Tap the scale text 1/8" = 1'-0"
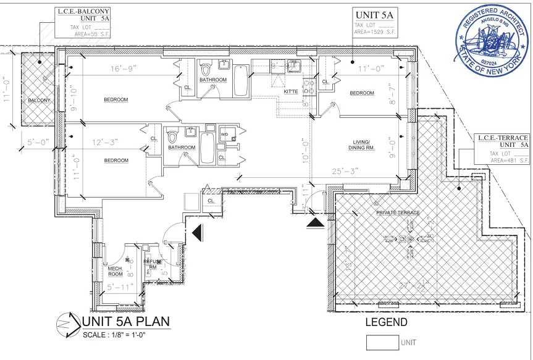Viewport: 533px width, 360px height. point(119,335)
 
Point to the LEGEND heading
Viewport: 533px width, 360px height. point(386,322)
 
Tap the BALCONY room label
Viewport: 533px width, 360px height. point(38,100)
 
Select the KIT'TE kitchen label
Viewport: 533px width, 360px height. point(291,91)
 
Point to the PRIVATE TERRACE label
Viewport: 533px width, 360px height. point(398,213)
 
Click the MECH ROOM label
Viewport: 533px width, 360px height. point(115,271)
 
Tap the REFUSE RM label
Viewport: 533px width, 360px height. point(153,264)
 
